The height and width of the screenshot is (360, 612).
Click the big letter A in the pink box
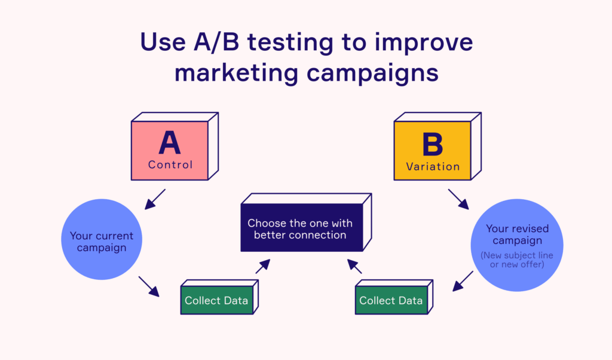(x=169, y=142)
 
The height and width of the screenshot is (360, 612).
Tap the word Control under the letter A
(x=170, y=165)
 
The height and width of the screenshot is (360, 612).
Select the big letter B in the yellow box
(x=433, y=144)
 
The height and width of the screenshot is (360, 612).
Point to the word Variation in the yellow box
(x=433, y=167)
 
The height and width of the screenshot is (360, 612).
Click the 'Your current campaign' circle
(x=102, y=239)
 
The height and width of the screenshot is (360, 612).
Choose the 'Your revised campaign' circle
(x=517, y=245)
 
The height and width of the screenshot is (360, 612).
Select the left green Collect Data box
(x=219, y=297)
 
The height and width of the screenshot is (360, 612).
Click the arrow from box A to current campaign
(x=155, y=200)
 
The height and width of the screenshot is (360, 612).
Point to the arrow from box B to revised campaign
(x=458, y=200)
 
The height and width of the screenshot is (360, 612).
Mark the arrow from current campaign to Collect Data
(x=149, y=287)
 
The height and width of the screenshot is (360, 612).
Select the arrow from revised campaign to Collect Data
(x=463, y=281)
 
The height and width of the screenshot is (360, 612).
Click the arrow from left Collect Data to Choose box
(x=263, y=266)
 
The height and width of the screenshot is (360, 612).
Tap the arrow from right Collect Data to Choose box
(x=354, y=266)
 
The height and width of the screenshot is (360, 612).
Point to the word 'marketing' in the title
(x=237, y=73)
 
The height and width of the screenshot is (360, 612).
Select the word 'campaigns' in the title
(x=373, y=73)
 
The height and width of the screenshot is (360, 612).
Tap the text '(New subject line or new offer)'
(x=517, y=260)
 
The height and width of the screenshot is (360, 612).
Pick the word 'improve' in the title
(x=424, y=42)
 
